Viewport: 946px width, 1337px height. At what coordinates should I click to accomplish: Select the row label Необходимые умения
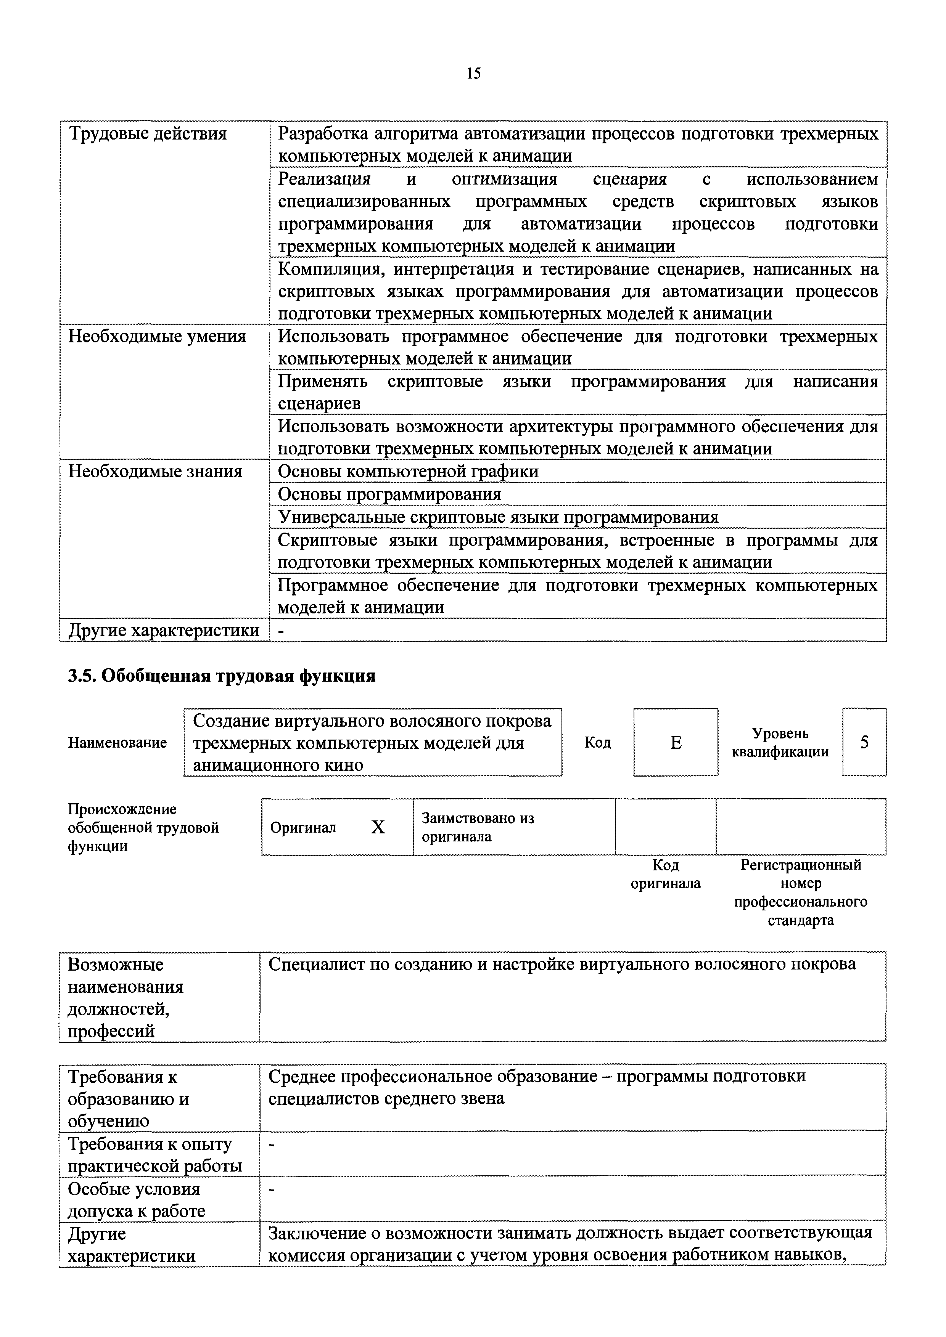click(x=157, y=337)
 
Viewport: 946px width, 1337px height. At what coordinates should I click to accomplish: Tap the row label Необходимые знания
click(x=155, y=471)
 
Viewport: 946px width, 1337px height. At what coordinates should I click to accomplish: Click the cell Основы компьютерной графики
click(x=408, y=471)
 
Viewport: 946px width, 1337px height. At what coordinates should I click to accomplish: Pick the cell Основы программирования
click(x=389, y=494)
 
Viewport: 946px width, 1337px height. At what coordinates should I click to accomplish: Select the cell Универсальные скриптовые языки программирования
click(x=498, y=517)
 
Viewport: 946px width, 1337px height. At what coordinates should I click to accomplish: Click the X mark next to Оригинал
click(x=378, y=827)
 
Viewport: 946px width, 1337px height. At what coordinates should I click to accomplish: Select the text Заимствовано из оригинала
click(x=478, y=827)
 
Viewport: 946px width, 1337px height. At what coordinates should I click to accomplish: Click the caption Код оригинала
click(x=666, y=874)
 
